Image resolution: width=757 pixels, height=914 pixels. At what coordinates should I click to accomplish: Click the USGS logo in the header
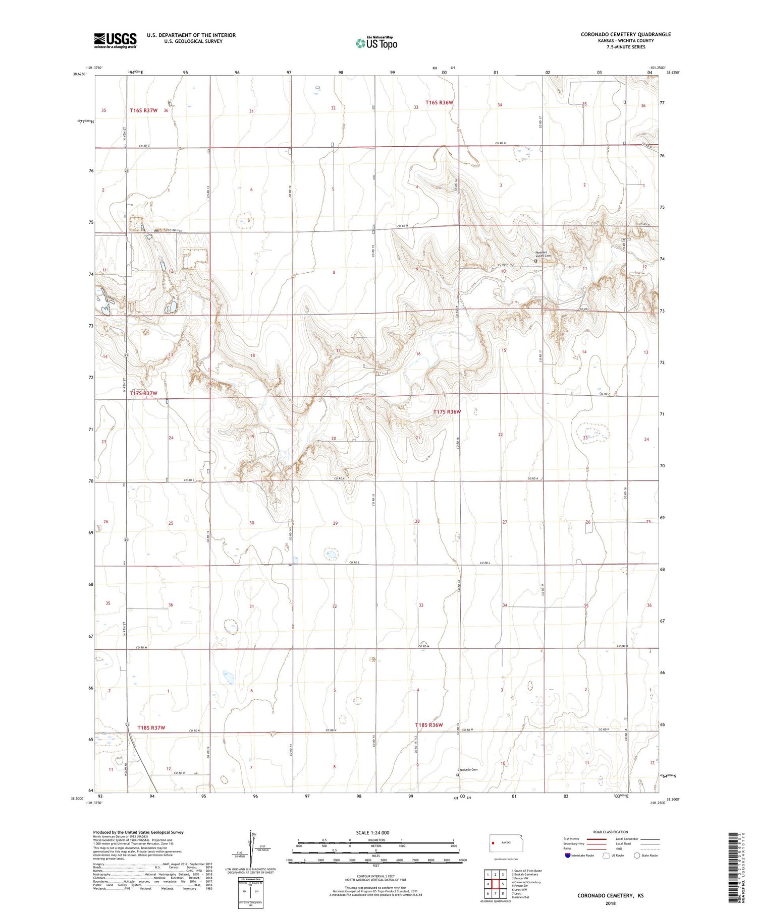tap(115, 40)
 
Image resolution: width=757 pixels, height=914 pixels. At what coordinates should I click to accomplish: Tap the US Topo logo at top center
tap(376, 43)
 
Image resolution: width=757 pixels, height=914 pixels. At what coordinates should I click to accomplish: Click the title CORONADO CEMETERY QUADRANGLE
tap(625, 34)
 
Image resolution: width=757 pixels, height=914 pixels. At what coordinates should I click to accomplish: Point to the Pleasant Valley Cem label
tap(543, 254)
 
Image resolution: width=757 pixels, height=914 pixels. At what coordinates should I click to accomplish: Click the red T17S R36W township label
tap(447, 412)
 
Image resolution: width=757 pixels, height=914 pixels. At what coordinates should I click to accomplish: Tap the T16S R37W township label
tap(144, 110)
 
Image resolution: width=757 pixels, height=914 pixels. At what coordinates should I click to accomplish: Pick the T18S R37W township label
tap(151, 727)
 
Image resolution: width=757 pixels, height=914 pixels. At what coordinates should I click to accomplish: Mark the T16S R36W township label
tap(439, 102)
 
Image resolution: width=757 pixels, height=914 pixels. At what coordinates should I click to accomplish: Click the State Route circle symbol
tap(637, 856)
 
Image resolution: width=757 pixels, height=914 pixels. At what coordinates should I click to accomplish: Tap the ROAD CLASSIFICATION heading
tap(611, 832)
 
